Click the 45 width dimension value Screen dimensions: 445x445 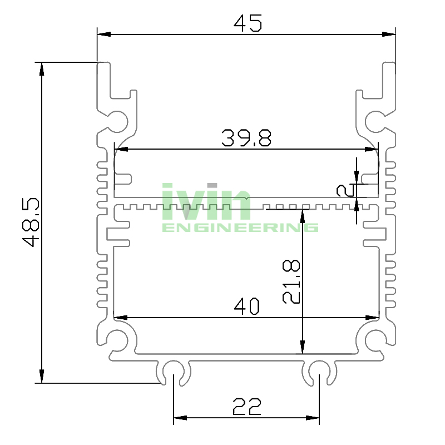click(248, 23)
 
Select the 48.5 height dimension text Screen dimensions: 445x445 click(31, 222)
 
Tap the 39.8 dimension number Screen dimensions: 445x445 click(246, 137)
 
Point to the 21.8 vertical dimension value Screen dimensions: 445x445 click(292, 281)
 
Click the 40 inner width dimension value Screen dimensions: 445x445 click(247, 306)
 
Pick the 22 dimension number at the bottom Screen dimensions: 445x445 click(247, 407)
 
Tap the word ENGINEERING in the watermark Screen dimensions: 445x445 click(240, 228)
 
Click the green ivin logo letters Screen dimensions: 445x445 click(206, 201)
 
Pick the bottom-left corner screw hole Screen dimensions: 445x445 click(117, 339)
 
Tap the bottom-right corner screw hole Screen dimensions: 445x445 click(375, 339)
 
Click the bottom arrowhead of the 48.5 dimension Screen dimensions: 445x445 click(41, 378)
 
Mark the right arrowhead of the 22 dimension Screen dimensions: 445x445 click(315, 418)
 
